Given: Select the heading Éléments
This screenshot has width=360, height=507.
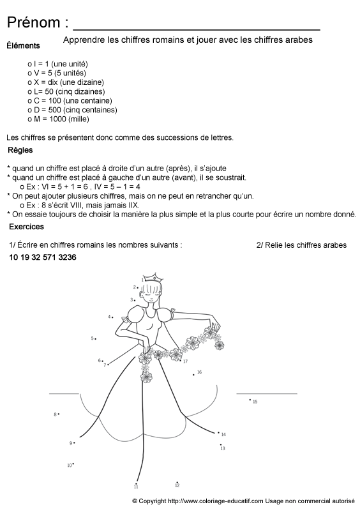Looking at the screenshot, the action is coord(22,46).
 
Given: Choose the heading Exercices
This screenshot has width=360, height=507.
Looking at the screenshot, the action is coord(26,227).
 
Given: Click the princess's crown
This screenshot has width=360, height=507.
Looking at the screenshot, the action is coord(152,278).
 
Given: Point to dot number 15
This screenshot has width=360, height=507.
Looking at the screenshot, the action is coord(250,400).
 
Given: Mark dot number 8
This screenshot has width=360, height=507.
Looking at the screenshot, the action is coord(59,414).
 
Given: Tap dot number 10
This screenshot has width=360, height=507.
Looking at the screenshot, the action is coord(73,464).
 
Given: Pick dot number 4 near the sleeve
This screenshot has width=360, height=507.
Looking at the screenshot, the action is coord(114,317).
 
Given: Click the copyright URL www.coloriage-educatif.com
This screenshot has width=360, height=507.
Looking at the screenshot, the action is coord(216,501).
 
